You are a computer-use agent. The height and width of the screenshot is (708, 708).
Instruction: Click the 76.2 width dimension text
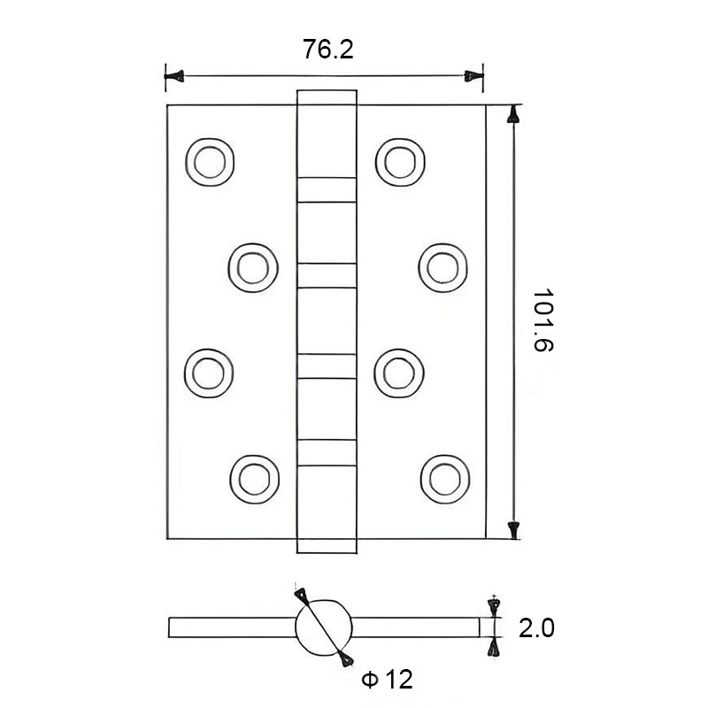(x=327, y=50)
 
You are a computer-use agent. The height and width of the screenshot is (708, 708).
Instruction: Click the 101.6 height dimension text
(x=543, y=321)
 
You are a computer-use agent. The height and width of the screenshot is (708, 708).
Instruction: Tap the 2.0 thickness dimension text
(x=536, y=628)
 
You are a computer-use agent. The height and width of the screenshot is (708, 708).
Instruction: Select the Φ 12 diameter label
(x=388, y=680)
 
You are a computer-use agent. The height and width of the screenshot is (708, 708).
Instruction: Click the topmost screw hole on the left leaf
(x=211, y=161)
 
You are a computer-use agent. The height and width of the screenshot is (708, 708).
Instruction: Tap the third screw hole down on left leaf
(x=211, y=371)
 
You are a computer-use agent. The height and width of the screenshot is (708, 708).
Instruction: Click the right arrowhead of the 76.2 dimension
(x=474, y=77)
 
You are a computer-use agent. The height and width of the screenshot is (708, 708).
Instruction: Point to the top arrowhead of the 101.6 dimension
(x=512, y=115)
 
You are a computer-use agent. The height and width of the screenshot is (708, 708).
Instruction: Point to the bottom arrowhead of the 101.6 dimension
(x=512, y=529)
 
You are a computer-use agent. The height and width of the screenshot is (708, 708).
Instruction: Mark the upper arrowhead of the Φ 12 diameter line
(x=302, y=595)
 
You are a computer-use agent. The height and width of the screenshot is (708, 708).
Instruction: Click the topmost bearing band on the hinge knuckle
(x=325, y=189)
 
